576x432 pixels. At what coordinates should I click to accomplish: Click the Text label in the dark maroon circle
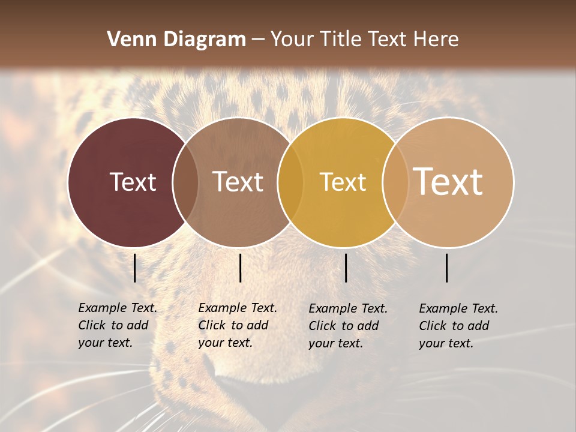133,182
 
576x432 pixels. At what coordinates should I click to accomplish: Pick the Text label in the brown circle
238,182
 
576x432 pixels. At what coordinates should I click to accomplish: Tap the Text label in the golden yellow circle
343,182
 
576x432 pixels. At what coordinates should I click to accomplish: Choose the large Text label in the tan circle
448,181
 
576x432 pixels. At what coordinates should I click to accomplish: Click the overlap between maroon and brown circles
185,182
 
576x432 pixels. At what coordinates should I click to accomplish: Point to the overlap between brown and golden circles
290,182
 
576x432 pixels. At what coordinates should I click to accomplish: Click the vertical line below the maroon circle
135,268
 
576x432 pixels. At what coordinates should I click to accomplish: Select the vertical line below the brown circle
240,268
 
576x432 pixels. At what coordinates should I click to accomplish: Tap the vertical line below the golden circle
346,268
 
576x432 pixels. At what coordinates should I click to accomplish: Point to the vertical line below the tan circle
447,268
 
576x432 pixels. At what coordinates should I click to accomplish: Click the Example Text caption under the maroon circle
117,325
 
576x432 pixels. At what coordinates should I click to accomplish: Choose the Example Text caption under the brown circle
237,325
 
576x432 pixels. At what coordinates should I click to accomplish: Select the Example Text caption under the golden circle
347,326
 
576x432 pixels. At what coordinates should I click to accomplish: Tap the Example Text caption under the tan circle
458,326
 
